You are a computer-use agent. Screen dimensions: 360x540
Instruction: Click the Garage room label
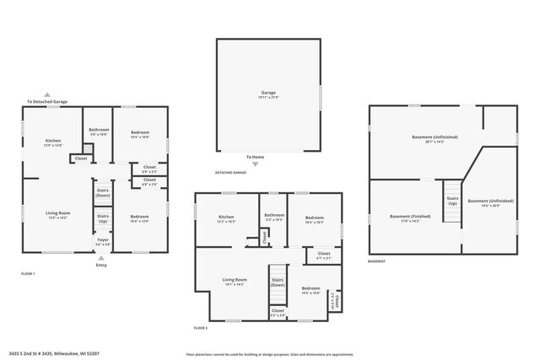(268, 94)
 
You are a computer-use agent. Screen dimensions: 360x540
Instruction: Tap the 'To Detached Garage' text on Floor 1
(47, 102)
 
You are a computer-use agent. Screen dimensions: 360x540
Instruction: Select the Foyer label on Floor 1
(102, 241)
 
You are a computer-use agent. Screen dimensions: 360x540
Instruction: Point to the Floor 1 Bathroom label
(99, 132)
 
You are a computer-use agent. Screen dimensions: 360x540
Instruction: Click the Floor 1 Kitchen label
(52, 142)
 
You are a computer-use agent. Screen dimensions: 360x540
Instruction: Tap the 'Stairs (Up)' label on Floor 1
(102, 218)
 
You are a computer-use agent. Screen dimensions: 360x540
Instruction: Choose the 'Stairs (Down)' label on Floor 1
(102, 192)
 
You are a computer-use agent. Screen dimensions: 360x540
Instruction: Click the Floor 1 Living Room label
(57, 215)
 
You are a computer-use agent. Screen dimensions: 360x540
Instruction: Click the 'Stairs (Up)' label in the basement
(452, 201)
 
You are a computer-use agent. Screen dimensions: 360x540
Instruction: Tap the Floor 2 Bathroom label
(274, 217)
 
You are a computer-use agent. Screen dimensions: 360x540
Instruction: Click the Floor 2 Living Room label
(234, 281)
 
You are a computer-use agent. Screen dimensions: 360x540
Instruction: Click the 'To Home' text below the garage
(255, 157)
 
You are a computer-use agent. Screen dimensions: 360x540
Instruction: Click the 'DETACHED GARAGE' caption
(230, 173)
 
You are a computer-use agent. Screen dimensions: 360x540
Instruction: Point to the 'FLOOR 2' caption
(200, 327)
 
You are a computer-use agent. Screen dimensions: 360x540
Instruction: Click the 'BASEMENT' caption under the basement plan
(377, 261)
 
